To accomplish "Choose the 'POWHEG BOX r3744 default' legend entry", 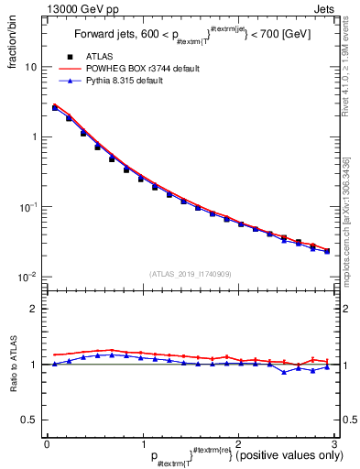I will pyautogui.click(x=137, y=69).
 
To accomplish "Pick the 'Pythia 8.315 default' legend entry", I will pyautogui.click(x=128, y=81).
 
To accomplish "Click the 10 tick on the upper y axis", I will pyautogui.click(x=31, y=67).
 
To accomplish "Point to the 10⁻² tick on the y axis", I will pyautogui.click(x=28, y=277).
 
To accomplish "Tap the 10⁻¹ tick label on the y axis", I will pyautogui.click(x=28, y=207).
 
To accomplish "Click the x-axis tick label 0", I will pyautogui.click(x=47, y=443).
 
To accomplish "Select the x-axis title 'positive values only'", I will pyautogui.click(x=284, y=455).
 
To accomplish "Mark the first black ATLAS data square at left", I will pyautogui.click(x=55, y=108).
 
